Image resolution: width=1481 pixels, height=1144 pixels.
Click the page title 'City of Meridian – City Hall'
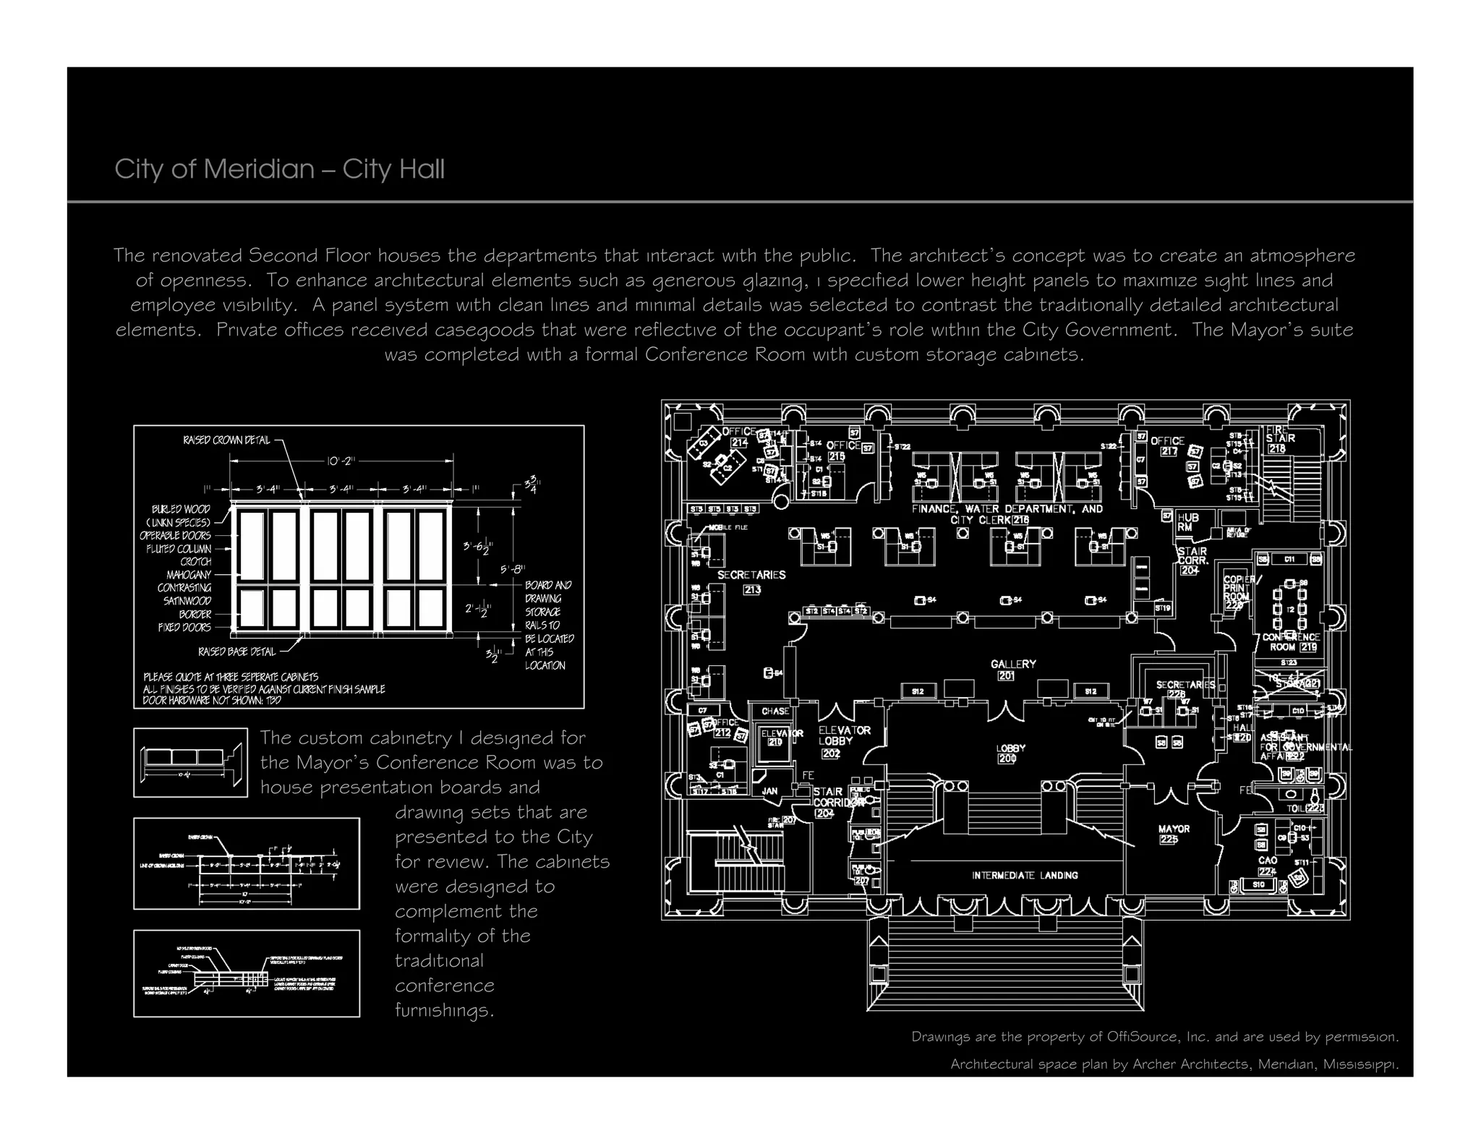pyautogui.click(x=279, y=169)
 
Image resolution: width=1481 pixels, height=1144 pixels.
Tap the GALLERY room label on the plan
pyautogui.click(x=1012, y=664)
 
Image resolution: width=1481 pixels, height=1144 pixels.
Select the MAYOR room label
pyautogui.click(x=1174, y=829)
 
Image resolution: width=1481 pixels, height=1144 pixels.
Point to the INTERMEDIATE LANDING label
pyautogui.click(x=1025, y=876)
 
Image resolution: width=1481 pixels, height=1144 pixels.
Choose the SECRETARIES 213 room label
pyautogui.click(x=751, y=576)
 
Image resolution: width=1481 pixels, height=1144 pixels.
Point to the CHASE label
pyautogui.click(x=774, y=712)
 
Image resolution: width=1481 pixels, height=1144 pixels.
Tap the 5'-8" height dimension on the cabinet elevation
pyautogui.click(x=513, y=570)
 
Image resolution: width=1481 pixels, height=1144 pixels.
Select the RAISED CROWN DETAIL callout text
pyautogui.click(x=226, y=440)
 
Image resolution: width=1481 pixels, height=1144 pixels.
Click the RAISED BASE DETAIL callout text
pyautogui.click(x=237, y=652)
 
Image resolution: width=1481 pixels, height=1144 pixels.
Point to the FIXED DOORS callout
pyautogui.click(x=184, y=628)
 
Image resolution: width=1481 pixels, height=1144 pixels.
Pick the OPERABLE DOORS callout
pyautogui.click(x=175, y=536)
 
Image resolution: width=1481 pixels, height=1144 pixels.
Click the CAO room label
pyautogui.click(x=1268, y=861)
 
